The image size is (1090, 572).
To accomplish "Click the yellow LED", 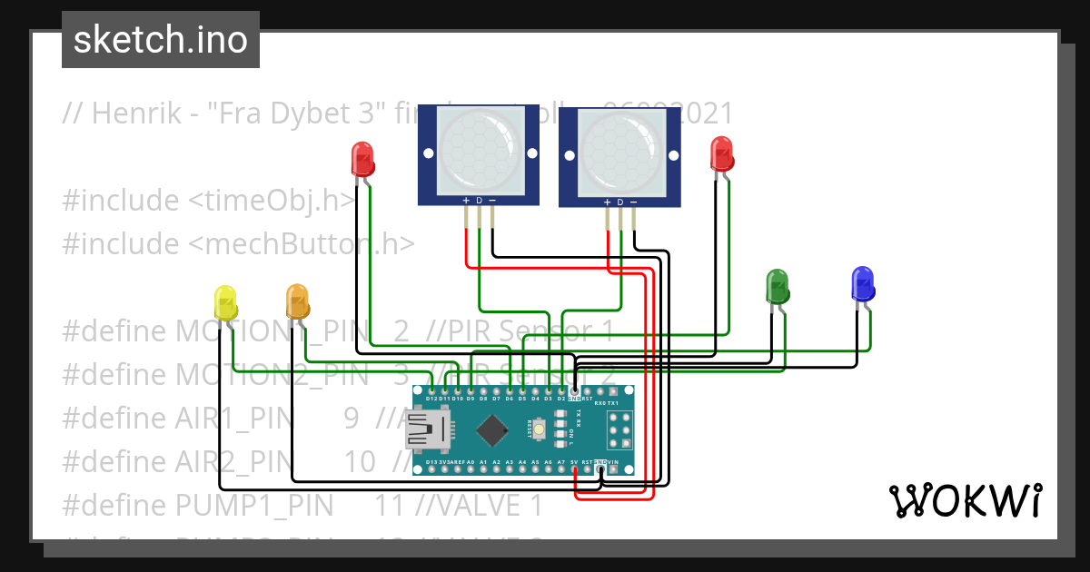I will tap(224, 301).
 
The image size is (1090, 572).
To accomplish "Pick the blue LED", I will tap(861, 283).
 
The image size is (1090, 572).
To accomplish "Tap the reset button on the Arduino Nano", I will tap(540, 429).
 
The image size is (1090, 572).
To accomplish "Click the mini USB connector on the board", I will tap(429, 429).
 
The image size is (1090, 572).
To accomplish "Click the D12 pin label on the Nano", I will tap(432, 399).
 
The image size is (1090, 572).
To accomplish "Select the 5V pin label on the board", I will tap(575, 461).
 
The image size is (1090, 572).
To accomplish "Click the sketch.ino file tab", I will tap(161, 40).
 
